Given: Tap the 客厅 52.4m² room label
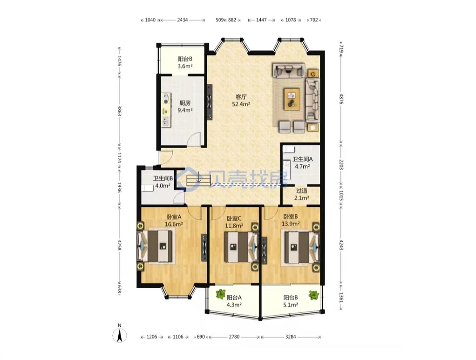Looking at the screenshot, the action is [241, 101].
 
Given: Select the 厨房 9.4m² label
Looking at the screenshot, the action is [185, 107].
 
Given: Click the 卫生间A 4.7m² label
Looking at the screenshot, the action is [302, 163].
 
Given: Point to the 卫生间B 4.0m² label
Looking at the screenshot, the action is [163, 182].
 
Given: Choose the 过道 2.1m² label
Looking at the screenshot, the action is [302, 194].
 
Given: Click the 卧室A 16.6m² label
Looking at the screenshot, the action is [174, 221].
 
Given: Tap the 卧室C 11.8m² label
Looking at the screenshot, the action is [234, 222].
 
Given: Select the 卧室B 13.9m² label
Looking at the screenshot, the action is [291, 220].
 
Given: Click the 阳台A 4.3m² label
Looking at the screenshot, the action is [234, 301].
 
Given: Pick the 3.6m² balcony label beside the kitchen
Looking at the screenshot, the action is [185, 62].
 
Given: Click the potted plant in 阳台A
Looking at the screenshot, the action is [220, 294].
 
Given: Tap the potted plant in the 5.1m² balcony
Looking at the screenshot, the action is [314, 295].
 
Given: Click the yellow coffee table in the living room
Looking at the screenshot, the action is [292, 99].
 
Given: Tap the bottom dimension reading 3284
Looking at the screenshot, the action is [291, 337].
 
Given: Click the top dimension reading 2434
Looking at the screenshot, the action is [183, 20].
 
